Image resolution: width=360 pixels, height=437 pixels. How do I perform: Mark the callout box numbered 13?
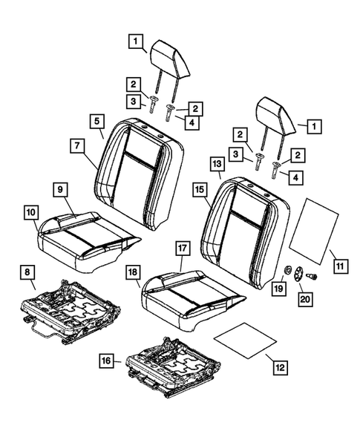(x=217, y=163)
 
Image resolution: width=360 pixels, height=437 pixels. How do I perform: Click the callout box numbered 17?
(x=182, y=246)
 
